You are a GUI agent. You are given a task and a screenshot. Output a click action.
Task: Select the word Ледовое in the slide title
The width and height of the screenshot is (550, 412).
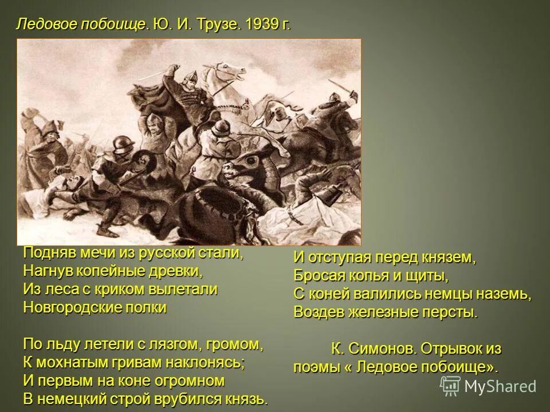[x=45, y=25]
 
